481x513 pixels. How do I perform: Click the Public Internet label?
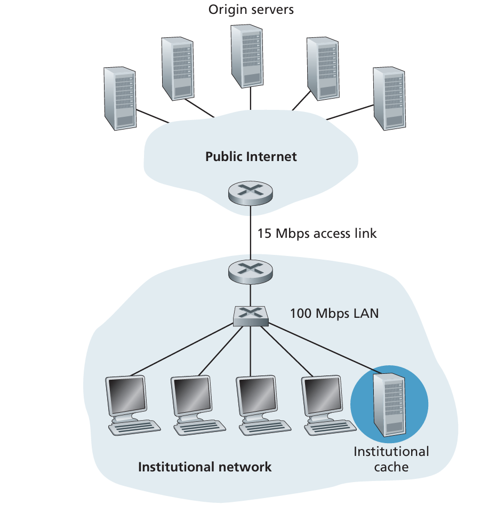coord(251,157)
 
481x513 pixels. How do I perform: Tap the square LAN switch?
coord(250,317)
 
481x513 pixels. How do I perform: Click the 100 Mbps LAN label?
coord(334,313)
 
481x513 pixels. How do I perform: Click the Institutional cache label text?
coord(391,459)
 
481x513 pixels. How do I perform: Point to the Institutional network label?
coord(205,467)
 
